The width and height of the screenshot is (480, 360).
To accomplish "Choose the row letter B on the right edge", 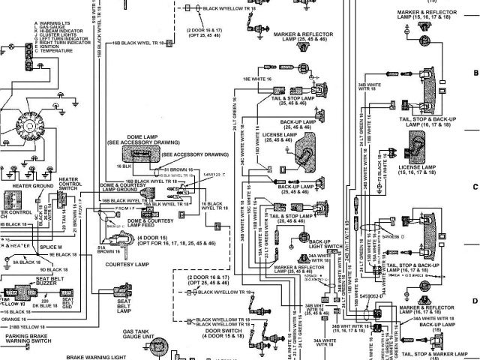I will (x=475, y=73).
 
